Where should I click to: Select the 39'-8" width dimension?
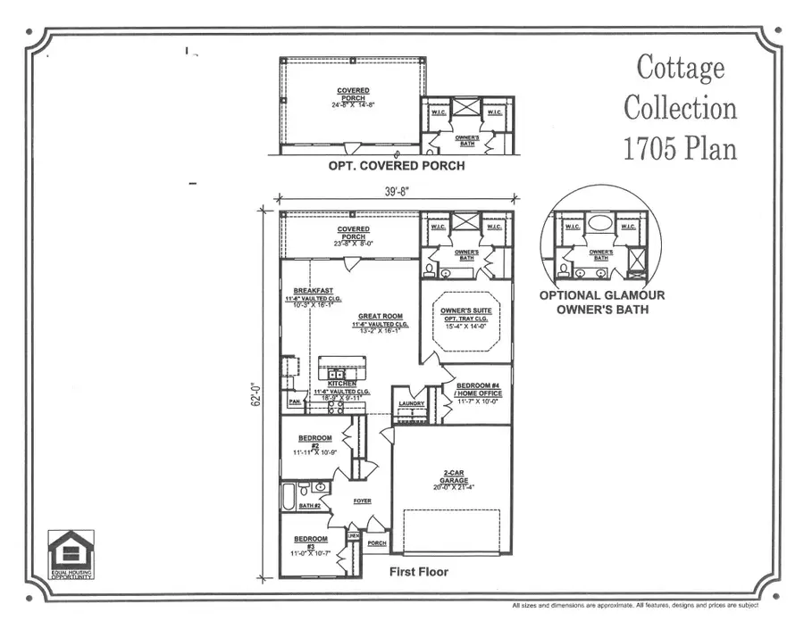(x=397, y=190)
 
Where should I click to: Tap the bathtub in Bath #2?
(x=289, y=496)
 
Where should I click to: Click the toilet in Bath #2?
(x=304, y=488)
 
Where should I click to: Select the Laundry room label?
(x=412, y=402)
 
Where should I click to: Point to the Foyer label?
(x=362, y=501)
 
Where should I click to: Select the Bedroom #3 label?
(x=311, y=543)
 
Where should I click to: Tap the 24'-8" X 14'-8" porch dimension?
(x=353, y=105)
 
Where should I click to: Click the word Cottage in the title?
(x=680, y=67)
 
